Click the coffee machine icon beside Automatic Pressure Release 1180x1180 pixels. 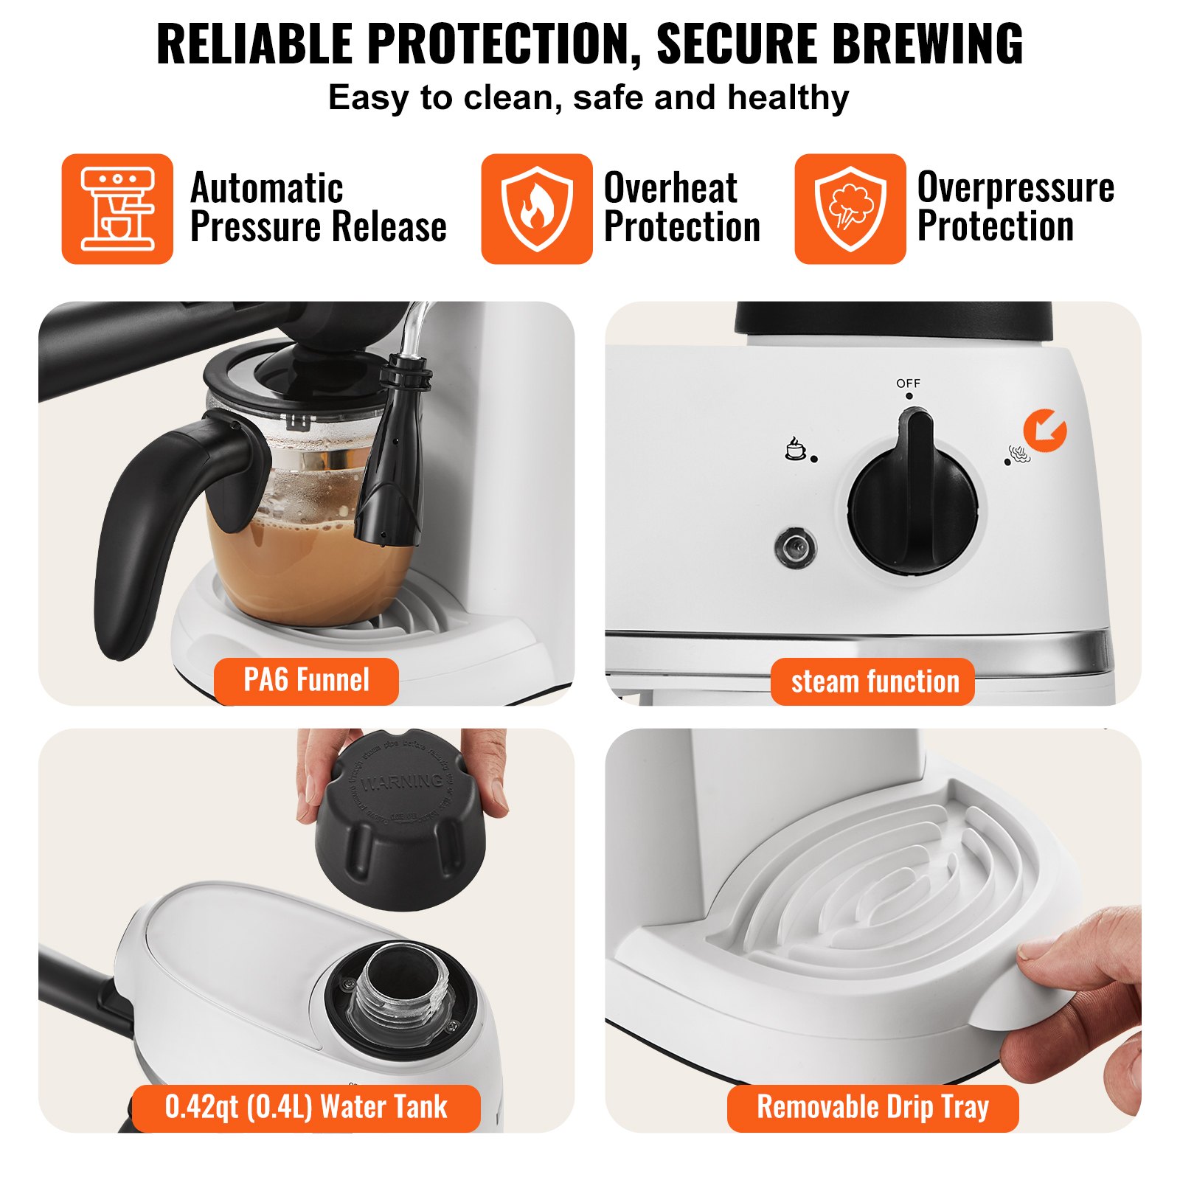117,209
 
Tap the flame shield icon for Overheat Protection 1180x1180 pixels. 537,209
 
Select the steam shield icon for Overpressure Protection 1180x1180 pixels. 850,209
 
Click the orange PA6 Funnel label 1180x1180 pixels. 306,680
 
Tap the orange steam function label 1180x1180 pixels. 874,681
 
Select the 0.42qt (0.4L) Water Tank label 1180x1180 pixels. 306,1107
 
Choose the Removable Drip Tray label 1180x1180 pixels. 872,1107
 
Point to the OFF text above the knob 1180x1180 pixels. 908,383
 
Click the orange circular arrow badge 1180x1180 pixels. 1044,430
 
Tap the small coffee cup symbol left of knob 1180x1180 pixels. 795,448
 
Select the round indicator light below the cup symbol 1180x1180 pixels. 796,547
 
